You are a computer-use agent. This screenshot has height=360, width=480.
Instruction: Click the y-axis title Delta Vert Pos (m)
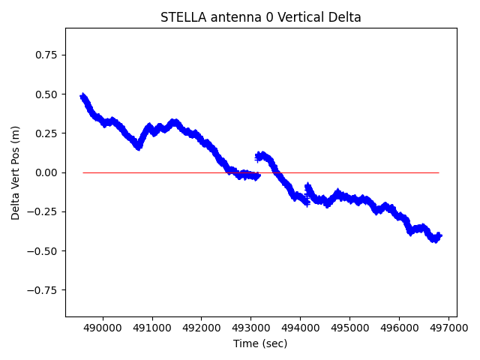click(x=16, y=172)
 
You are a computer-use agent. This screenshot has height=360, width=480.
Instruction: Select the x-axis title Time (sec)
click(x=260, y=343)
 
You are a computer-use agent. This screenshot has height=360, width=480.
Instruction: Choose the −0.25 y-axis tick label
click(x=44, y=211)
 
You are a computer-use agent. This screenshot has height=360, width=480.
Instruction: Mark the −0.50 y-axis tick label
click(x=44, y=250)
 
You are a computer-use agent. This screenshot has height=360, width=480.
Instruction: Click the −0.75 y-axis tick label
click(x=44, y=289)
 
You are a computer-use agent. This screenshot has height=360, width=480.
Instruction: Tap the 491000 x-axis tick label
click(x=152, y=328)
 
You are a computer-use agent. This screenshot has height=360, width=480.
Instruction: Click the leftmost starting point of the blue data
click(x=82, y=96)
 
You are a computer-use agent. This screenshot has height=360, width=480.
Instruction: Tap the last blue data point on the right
click(x=439, y=235)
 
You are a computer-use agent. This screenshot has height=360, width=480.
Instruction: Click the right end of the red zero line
click(x=439, y=172)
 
